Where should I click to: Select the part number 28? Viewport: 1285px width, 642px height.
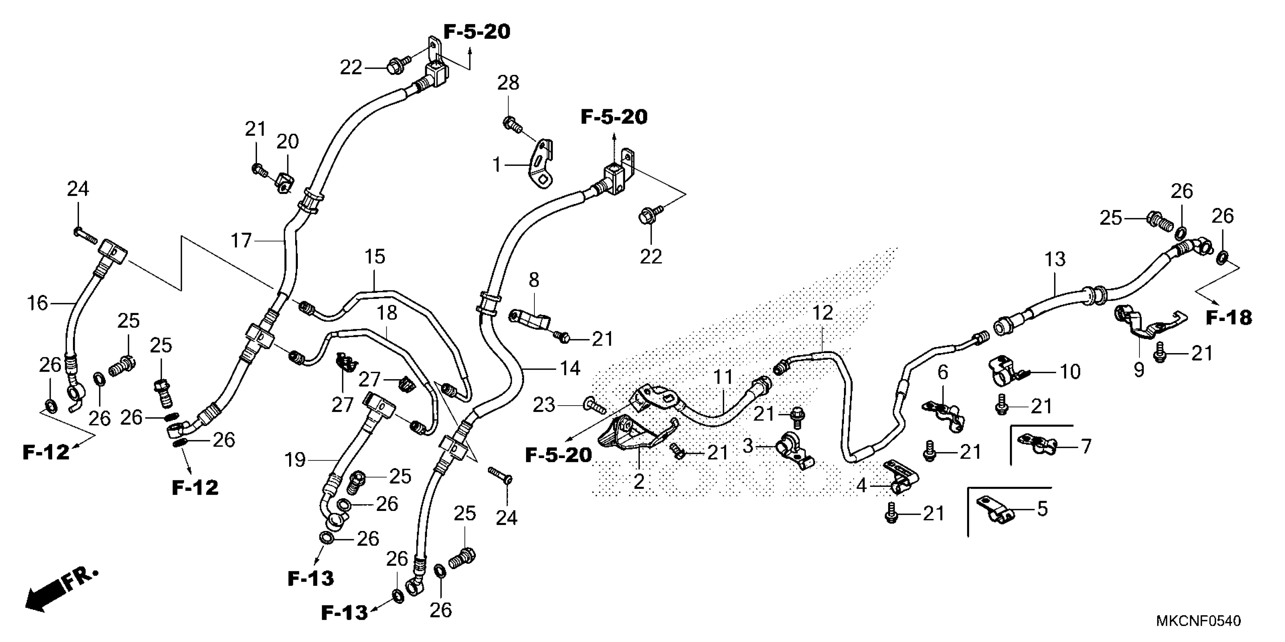(x=508, y=83)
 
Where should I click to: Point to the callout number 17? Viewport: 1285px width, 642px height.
(x=242, y=241)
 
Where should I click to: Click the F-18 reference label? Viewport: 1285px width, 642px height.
(x=1229, y=318)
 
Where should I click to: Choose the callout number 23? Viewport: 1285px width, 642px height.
(x=544, y=405)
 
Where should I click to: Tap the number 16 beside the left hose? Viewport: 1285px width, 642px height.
(x=37, y=303)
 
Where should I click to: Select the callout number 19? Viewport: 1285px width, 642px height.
(x=295, y=460)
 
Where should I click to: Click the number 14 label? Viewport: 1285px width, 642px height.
(x=570, y=369)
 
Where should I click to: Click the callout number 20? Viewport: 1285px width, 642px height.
(x=288, y=142)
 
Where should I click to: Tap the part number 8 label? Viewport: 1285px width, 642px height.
(x=534, y=280)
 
